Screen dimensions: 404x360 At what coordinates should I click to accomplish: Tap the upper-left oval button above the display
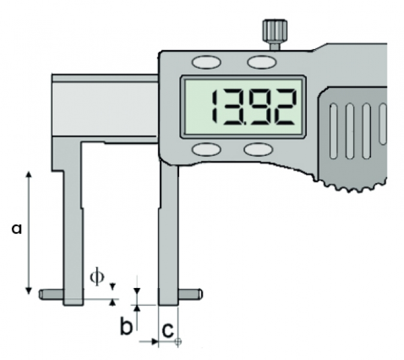206,62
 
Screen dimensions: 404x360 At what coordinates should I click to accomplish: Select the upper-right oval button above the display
262,62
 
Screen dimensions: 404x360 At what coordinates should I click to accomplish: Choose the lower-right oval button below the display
258,149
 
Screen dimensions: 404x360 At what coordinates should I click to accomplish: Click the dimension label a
17,229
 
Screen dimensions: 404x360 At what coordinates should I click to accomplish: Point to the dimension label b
126,326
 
